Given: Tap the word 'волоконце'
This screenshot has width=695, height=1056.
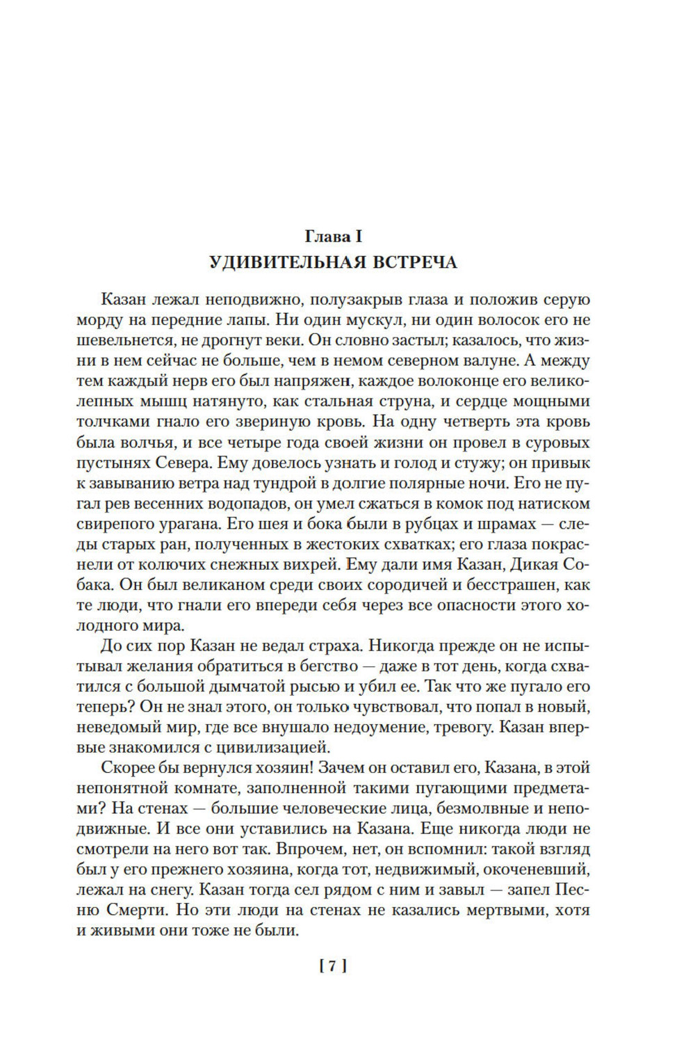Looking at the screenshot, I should [464, 381].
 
